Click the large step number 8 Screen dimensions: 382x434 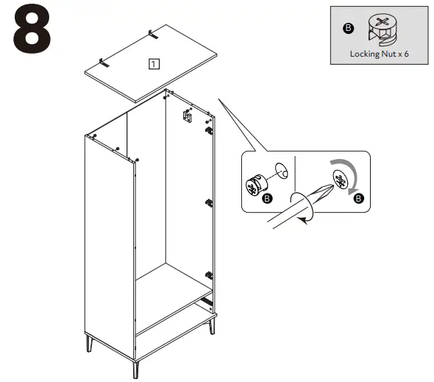[32, 29]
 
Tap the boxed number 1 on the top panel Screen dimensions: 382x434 [152, 63]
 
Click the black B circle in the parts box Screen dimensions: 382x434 [349, 28]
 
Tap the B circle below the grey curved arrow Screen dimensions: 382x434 [358, 199]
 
